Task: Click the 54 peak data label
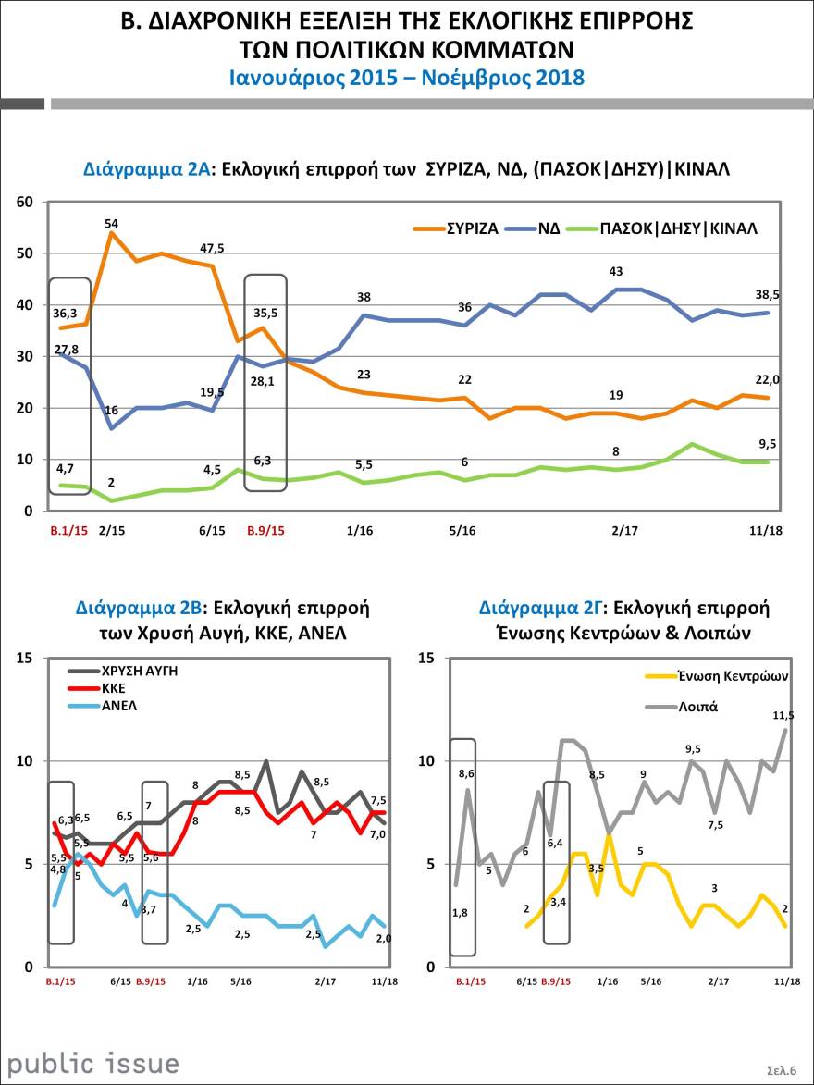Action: tap(112, 223)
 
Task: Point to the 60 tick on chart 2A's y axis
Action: tap(25, 203)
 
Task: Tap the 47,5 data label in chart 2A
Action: tap(214, 248)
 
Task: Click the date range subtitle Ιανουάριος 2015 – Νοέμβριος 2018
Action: tap(407, 78)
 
